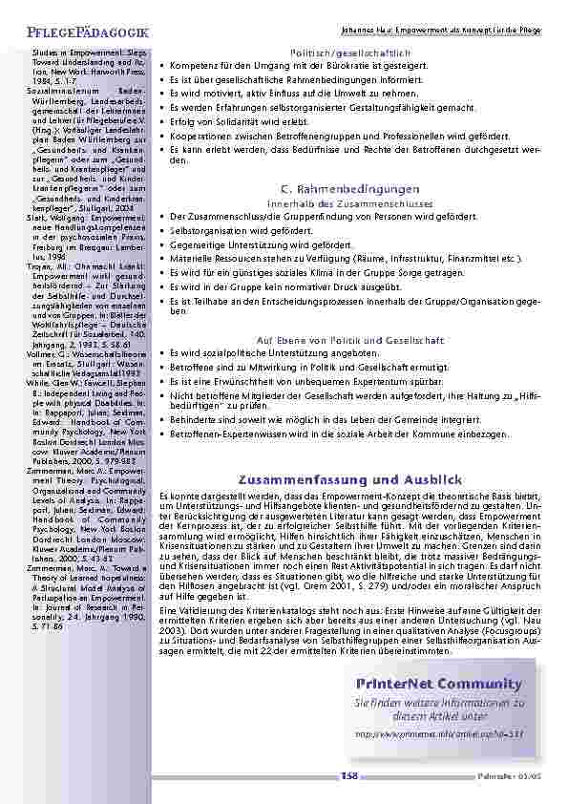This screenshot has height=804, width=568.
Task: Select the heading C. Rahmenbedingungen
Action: [x=350, y=189]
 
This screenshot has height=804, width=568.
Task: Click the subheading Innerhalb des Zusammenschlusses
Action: [x=350, y=204]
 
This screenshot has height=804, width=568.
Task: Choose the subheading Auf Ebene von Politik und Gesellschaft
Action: [x=350, y=340]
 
